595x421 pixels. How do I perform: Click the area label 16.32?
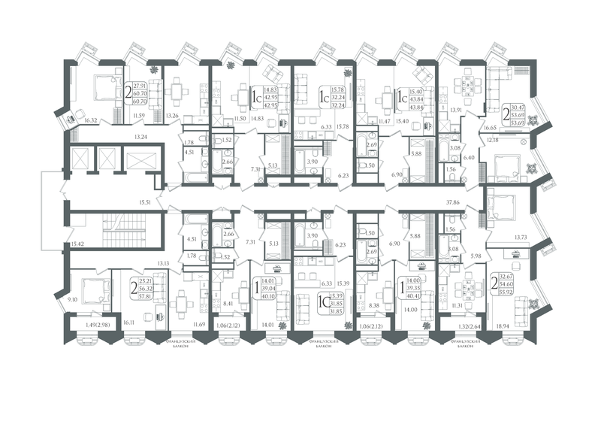pos(92,120)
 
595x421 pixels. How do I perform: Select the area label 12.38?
pos(492,140)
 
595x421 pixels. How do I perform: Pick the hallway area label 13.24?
pos(140,137)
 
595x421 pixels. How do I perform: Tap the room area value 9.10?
pos(71,300)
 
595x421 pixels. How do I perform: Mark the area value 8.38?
pos(375,305)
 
